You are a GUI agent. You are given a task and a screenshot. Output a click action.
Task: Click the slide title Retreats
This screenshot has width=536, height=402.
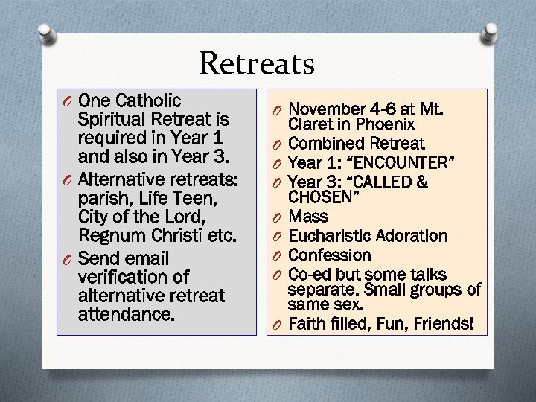(258, 64)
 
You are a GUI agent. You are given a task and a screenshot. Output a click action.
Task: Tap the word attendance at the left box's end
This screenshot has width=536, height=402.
(126, 315)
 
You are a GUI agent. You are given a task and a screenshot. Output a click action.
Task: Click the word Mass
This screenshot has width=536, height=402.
(308, 217)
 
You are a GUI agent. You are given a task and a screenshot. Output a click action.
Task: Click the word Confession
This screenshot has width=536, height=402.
(329, 255)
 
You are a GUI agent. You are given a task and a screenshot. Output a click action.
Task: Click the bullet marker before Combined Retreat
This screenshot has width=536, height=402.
(275, 144)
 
